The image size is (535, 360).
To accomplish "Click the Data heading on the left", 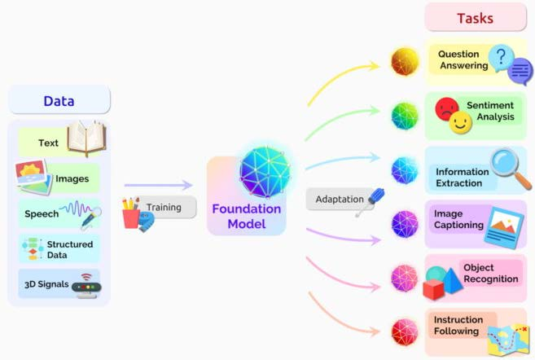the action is pyautogui.click(x=59, y=101).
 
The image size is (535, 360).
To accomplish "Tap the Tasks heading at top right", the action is pyautogui.click(x=475, y=18).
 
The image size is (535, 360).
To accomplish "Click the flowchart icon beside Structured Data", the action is pyautogui.click(x=33, y=248).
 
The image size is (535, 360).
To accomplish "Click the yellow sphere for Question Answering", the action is pyautogui.click(x=404, y=61).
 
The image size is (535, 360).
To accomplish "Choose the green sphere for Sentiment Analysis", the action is pyautogui.click(x=404, y=115).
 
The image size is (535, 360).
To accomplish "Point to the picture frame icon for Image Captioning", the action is pyautogui.click(x=504, y=226).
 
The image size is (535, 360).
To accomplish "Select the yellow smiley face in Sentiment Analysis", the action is pyautogui.click(x=460, y=124).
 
